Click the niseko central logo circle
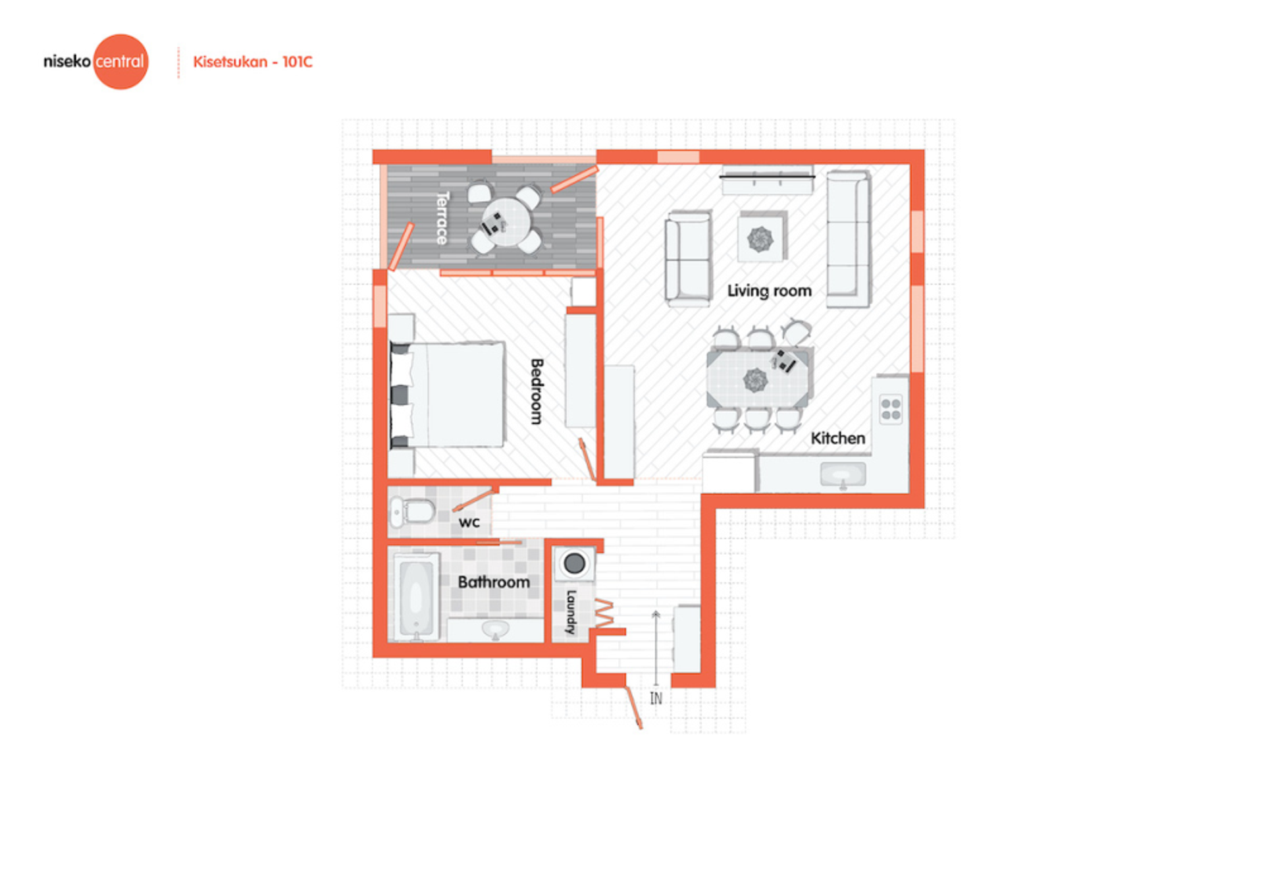(x=120, y=62)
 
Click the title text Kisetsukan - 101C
(x=253, y=62)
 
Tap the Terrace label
(x=442, y=218)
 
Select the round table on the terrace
(x=506, y=222)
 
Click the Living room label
(x=769, y=291)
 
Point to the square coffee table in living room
(x=761, y=238)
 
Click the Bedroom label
(x=537, y=391)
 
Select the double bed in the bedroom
(x=448, y=395)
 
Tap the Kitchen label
(x=837, y=438)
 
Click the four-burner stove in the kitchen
(x=891, y=409)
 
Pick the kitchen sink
(x=843, y=474)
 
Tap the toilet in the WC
(x=412, y=511)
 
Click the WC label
(x=469, y=522)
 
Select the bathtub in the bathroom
(x=415, y=597)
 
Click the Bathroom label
(x=494, y=582)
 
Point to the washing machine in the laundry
(x=574, y=563)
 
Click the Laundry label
(x=571, y=612)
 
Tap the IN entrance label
(x=656, y=698)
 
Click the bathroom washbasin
(x=495, y=629)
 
